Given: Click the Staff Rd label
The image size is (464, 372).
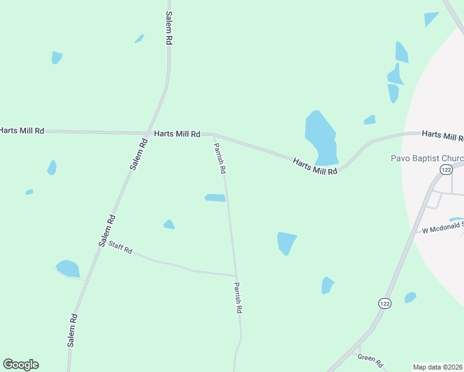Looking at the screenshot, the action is (x=120, y=247).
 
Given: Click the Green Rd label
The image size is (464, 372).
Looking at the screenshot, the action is (x=370, y=361).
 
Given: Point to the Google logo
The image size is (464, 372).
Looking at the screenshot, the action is (x=20, y=365).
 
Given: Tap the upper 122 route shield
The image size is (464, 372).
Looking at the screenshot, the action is (x=445, y=169).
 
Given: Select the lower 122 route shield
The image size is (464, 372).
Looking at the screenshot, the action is (x=385, y=303).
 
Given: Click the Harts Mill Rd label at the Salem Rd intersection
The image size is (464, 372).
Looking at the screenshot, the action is (x=177, y=133).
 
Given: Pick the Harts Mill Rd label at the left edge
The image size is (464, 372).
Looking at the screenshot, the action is (x=22, y=130).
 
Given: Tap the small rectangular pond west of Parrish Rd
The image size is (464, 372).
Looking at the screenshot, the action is (x=215, y=198).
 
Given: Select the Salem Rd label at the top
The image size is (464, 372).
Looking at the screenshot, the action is (x=168, y=27).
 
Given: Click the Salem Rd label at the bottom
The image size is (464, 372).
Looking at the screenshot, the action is (x=73, y=329).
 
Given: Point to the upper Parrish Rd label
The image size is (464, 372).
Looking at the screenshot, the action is (x=220, y=157).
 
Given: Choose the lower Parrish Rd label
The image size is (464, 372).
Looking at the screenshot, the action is (x=238, y=297).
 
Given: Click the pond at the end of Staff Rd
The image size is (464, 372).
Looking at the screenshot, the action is (x=68, y=269).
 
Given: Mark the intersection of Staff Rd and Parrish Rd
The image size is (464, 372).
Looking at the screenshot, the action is (x=236, y=276).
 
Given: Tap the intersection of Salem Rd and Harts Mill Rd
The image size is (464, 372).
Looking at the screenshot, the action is (x=147, y=133).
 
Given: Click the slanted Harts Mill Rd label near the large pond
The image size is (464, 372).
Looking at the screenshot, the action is (x=315, y=166).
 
